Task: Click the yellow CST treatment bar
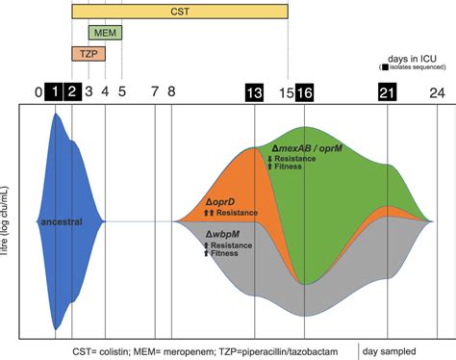(180, 12)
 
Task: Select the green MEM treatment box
(104, 33)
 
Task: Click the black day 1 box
(56, 92)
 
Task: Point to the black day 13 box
(255, 92)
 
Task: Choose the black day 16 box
(304, 92)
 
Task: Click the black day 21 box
(387, 92)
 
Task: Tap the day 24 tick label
(437, 92)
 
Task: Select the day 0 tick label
(39, 92)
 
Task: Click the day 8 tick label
(171, 92)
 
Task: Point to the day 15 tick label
(287, 92)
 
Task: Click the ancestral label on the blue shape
(60, 221)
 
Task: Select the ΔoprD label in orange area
(222, 202)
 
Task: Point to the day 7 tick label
(155, 92)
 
